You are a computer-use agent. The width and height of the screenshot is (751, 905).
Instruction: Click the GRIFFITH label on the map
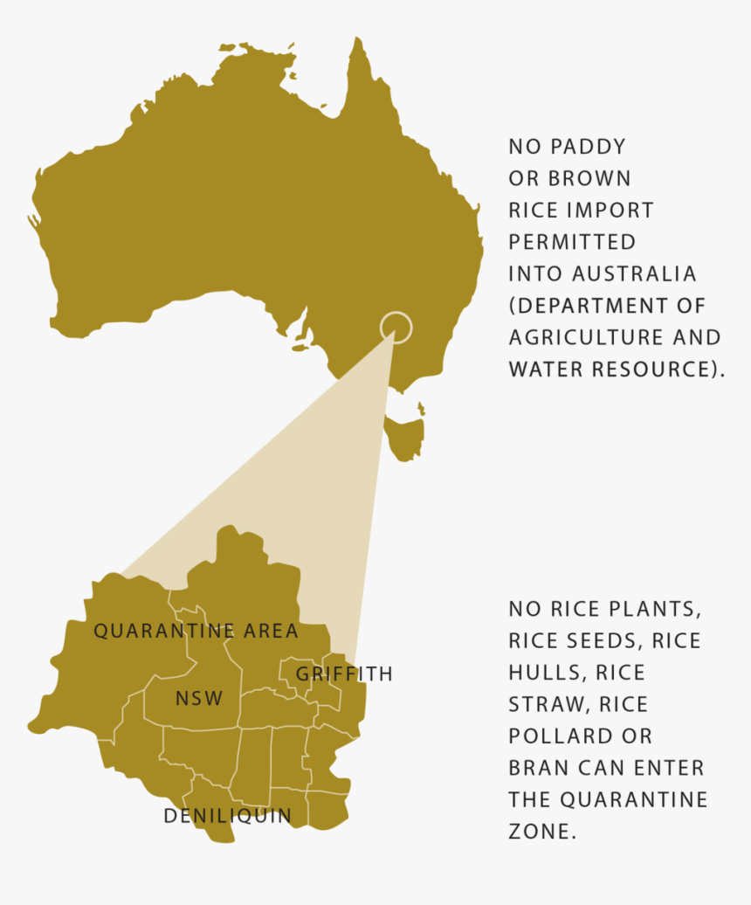point(344,674)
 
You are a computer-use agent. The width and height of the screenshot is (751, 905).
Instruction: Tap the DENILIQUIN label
point(228,816)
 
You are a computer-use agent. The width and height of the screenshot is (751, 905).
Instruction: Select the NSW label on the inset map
point(199,699)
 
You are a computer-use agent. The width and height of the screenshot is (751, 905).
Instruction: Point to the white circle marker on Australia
point(395,327)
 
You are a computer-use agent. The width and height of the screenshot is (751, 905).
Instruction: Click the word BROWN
point(589,178)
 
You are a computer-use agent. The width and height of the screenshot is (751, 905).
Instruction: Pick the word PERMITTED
point(572,242)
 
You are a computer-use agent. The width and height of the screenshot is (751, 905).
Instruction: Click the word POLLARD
point(555,736)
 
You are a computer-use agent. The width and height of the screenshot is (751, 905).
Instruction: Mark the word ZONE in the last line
point(541,831)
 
